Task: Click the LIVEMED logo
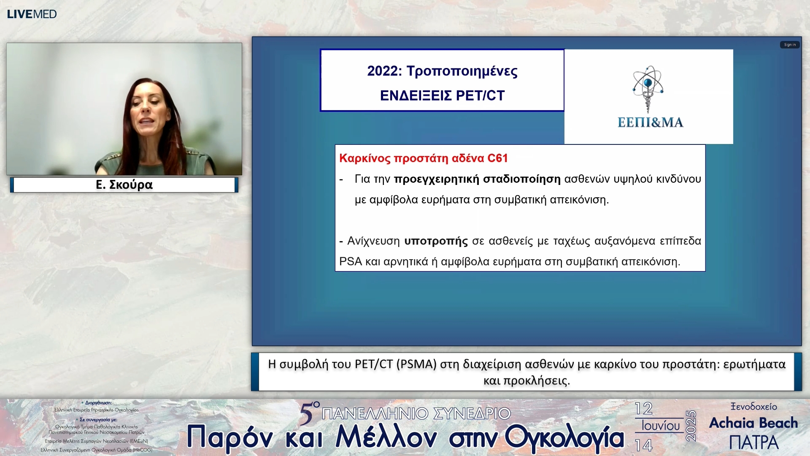click(x=32, y=14)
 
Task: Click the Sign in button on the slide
click(x=789, y=45)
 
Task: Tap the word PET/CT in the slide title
click(x=480, y=96)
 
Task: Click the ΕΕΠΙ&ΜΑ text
click(x=650, y=122)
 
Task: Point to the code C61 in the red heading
click(x=497, y=158)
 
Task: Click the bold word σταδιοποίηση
click(x=521, y=179)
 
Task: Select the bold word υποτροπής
click(x=436, y=241)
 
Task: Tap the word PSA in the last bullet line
click(x=351, y=262)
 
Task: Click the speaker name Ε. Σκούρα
click(x=124, y=185)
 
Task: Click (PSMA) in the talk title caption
click(x=416, y=364)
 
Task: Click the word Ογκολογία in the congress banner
click(x=564, y=437)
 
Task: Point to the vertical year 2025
click(x=691, y=426)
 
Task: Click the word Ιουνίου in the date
click(x=661, y=426)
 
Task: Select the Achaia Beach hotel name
click(x=753, y=423)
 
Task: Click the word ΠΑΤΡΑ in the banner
click(x=753, y=442)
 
